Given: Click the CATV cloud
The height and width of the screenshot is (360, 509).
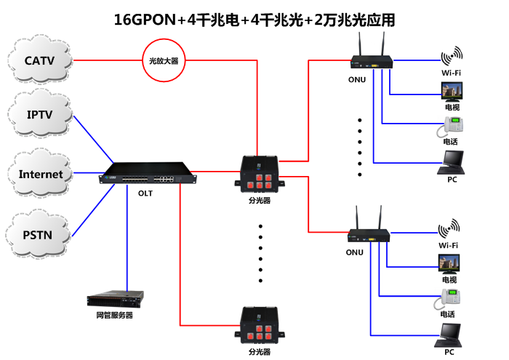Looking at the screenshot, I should (x=39, y=60).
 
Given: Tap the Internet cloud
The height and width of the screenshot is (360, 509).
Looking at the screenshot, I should (x=41, y=175).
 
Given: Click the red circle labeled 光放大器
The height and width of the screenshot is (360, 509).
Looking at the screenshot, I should (x=163, y=61).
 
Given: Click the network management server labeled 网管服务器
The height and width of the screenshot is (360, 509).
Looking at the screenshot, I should (x=115, y=299).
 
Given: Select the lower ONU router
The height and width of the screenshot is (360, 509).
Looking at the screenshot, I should (x=369, y=235).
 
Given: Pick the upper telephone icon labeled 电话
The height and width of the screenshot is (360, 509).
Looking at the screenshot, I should (x=450, y=127).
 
